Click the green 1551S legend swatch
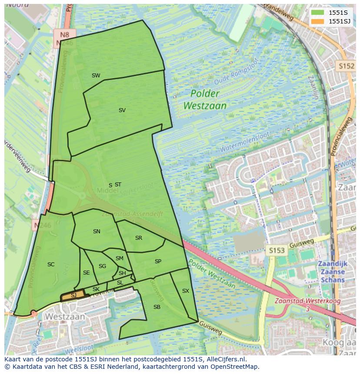click(318, 13)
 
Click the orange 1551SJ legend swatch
click(318, 21)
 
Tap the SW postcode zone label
click(96, 76)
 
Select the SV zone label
click(122, 110)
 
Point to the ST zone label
click(118, 185)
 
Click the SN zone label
click(97, 232)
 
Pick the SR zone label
click(139, 238)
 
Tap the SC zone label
click(51, 265)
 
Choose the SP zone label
click(158, 261)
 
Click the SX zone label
click(186, 291)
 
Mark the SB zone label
click(157, 307)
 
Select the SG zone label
click(102, 266)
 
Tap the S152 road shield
click(347, 66)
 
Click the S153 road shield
click(276, 250)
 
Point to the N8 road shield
click(65, 35)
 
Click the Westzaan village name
click(65, 317)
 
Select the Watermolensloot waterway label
click(246, 143)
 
